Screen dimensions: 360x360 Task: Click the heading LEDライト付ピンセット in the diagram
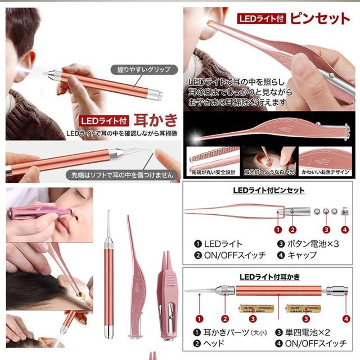[269, 190]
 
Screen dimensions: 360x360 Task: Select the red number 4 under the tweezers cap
[345, 229]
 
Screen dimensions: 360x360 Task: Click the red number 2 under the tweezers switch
[292, 229]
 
